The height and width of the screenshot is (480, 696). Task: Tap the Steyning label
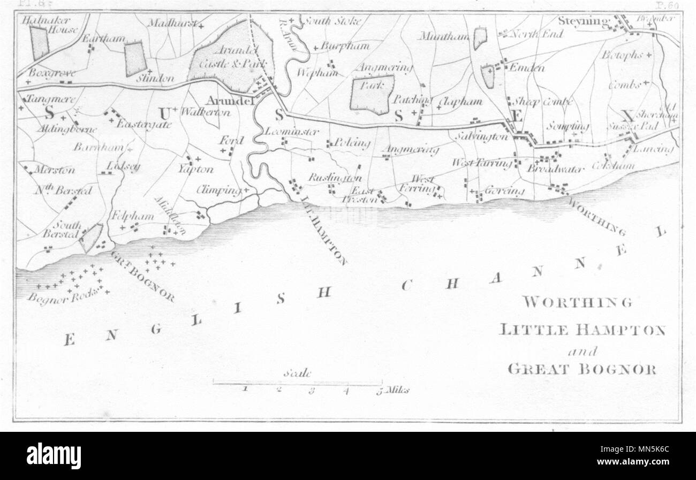tap(584, 22)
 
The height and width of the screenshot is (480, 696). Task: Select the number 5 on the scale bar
tap(379, 391)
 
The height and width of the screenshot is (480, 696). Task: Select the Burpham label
tap(345, 46)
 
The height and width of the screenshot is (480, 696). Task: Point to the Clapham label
tap(460, 101)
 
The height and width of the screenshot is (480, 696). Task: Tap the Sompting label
tap(568, 126)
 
